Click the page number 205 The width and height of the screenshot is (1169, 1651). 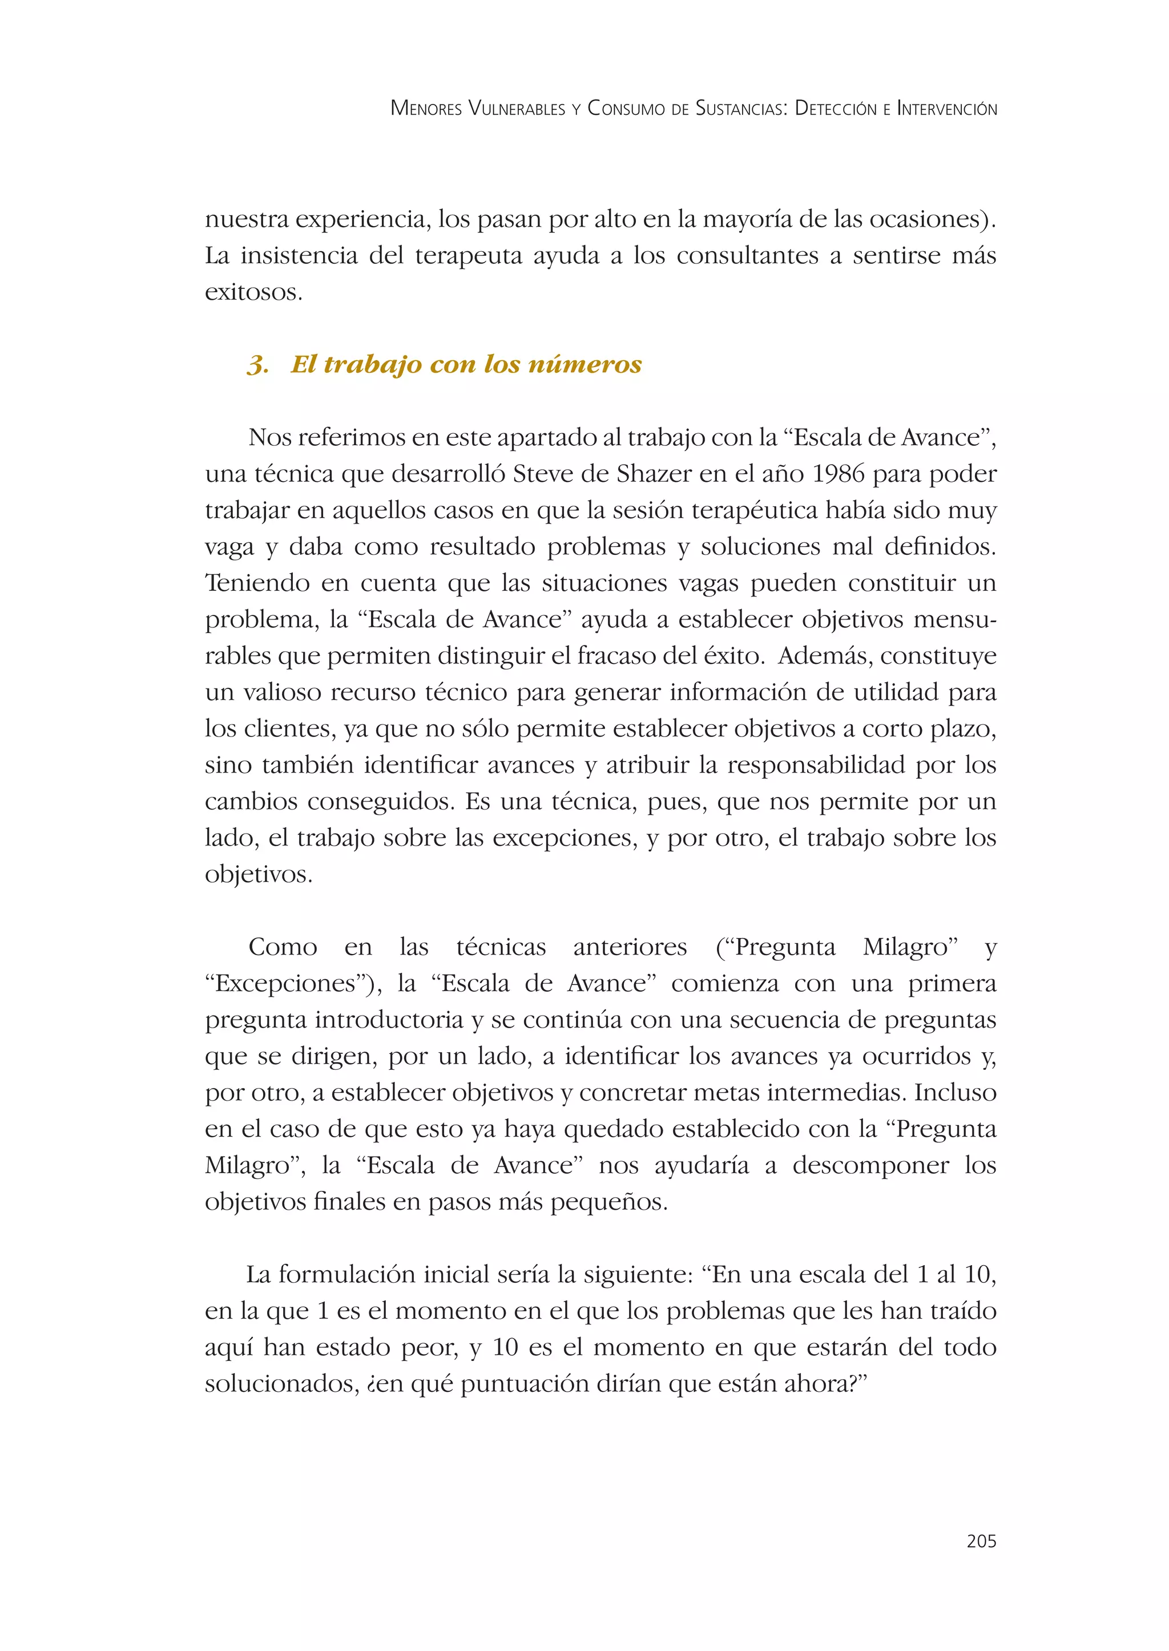(981, 1541)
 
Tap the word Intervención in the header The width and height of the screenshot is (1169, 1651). (946, 108)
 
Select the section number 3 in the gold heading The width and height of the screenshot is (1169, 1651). (257, 365)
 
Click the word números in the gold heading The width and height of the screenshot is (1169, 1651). (584, 364)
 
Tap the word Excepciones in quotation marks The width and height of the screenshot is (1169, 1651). (286, 984)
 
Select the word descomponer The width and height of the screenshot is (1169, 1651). (870, 1165)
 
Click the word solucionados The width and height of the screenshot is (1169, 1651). (280, 1384)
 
